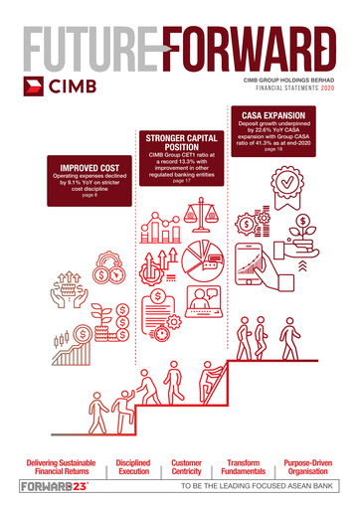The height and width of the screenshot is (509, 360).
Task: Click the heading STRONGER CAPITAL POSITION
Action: coord(181,140)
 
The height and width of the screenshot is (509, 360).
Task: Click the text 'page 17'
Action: coord(181,183)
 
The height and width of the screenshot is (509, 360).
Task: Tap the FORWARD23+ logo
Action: coord(55,486)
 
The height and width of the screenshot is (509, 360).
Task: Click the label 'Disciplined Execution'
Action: coord(133,466)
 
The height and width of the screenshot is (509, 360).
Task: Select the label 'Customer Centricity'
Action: coord(187,466)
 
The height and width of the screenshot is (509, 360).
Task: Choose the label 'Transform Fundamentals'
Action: coord(244,466)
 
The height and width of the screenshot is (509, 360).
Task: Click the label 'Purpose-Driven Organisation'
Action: coord(308,466)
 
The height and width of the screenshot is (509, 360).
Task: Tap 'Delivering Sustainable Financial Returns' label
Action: coord(57,466)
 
